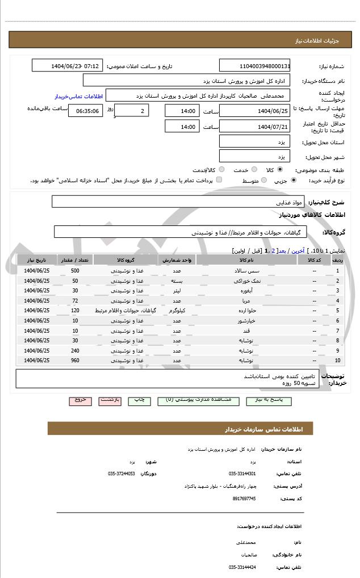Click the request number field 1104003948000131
pyautogui.click(x=254, y=66)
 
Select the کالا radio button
pyautogui.click(x=280, y=169)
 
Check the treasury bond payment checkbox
pyautogui.click(x=219, y=180)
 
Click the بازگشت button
pyautogui.click(x=110, y=400)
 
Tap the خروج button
pyautogui.click(x=80, y=400)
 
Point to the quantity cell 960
pyautogui.click(x=75, y=361)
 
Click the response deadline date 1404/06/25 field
pyautogui.click(x=254, y=111)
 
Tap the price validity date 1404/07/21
pyautogui.click(x=254, y=126)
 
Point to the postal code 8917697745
pyautogui.click(x=245, y=499)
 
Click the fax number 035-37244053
pyautogui.click(x=122, y=474)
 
